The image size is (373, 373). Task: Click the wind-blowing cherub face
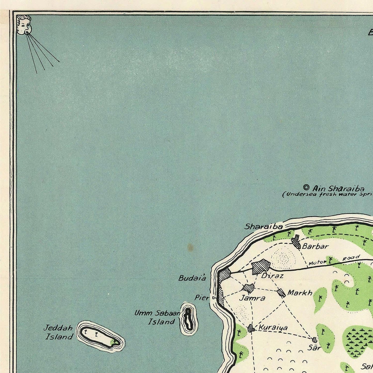click(x=23, y=25)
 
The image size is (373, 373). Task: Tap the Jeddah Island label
click(x=58, y=332)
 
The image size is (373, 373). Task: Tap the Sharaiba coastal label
click(x=264, y=227)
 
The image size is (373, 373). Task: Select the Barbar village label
click(x=315, y=246)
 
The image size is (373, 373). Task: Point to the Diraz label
click(x=272, y=276)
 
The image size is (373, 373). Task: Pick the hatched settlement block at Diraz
click(x=261, y=267)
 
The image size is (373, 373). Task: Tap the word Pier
click(x=202, y=298)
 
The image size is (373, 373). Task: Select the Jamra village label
click(x=252, y=298)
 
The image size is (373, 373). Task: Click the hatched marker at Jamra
click(x=248, y=288)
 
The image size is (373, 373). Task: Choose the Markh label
click(x=300, y=293)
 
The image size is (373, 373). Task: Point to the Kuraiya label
click(x=273, y=328)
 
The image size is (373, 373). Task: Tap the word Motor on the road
click(x=317, y=263)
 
